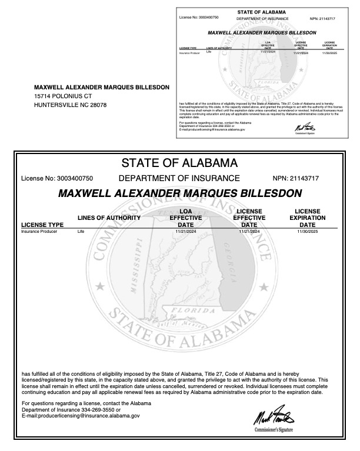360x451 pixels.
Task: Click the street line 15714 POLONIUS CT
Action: pos(64,96)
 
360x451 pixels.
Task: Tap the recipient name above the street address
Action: pos(102,87)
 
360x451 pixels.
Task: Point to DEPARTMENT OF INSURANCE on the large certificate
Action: pos(179,178)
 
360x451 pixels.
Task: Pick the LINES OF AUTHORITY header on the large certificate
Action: pos(109,218)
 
